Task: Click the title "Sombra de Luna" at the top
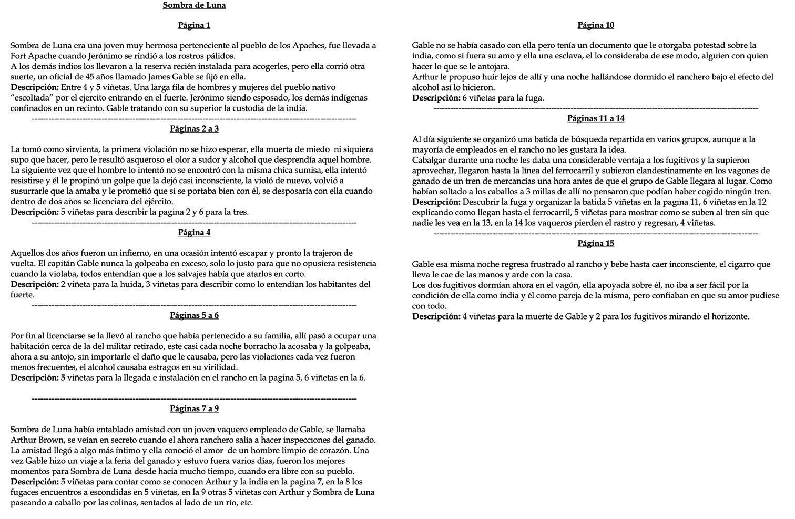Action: coord(194,5)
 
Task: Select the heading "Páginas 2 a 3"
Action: coord(194,129)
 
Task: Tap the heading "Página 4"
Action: coord(194,233)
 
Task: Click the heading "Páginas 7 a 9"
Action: coord(194,409)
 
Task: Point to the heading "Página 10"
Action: coord(596,25)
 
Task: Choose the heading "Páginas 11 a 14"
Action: coord(596,119)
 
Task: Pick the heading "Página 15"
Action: coord(596,244)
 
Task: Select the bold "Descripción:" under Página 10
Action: coord(436,98)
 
